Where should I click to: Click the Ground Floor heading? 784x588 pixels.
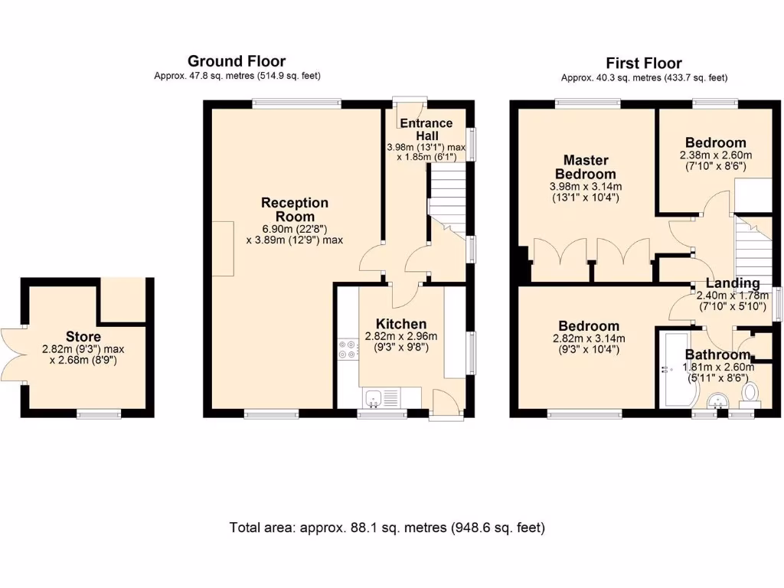237,61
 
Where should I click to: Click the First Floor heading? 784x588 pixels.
644,63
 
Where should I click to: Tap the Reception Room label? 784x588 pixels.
295,210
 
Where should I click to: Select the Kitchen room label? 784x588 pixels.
401,324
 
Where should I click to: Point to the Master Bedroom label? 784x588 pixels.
586,167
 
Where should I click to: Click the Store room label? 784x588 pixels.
83,337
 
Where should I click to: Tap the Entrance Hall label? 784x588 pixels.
426,129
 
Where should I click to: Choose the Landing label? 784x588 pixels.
733,283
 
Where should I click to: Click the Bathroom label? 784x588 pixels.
717,355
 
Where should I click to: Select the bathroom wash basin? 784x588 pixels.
718,400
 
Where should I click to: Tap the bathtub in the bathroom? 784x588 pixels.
675,369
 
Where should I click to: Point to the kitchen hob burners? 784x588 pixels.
348,349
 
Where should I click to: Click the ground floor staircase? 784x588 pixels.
446,200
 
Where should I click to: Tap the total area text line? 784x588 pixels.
387,528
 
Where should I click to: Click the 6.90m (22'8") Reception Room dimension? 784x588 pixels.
295,229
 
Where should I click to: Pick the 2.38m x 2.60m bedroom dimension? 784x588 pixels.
716,155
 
